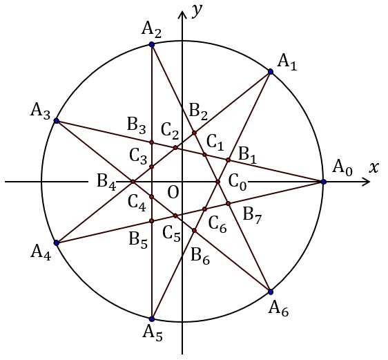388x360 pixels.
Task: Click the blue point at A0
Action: point(323,182)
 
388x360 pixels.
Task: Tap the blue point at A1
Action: point(271,72)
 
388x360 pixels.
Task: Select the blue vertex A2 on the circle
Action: point(152,44)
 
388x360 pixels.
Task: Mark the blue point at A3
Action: point(57,121)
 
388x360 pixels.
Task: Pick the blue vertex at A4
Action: point(57,243)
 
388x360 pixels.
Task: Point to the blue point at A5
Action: point(152,319)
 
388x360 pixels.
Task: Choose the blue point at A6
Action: point(271,292)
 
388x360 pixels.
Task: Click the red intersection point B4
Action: point(133,182)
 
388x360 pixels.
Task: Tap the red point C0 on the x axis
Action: point(217,182)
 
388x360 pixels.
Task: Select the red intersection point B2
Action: point(195,133)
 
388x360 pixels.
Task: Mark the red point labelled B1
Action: point(228,160)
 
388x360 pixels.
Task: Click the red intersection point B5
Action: point(152,221)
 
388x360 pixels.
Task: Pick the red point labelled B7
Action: point(228,204)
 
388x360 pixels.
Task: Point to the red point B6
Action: point(195,231)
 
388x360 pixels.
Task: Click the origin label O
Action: point(173,192)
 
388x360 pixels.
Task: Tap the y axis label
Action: point(197,11)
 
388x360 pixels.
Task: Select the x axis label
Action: point(374,168)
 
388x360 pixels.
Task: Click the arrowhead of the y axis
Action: point(182,11)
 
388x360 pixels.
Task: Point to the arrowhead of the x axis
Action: point(369,182)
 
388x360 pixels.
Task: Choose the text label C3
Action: point(138,158)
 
